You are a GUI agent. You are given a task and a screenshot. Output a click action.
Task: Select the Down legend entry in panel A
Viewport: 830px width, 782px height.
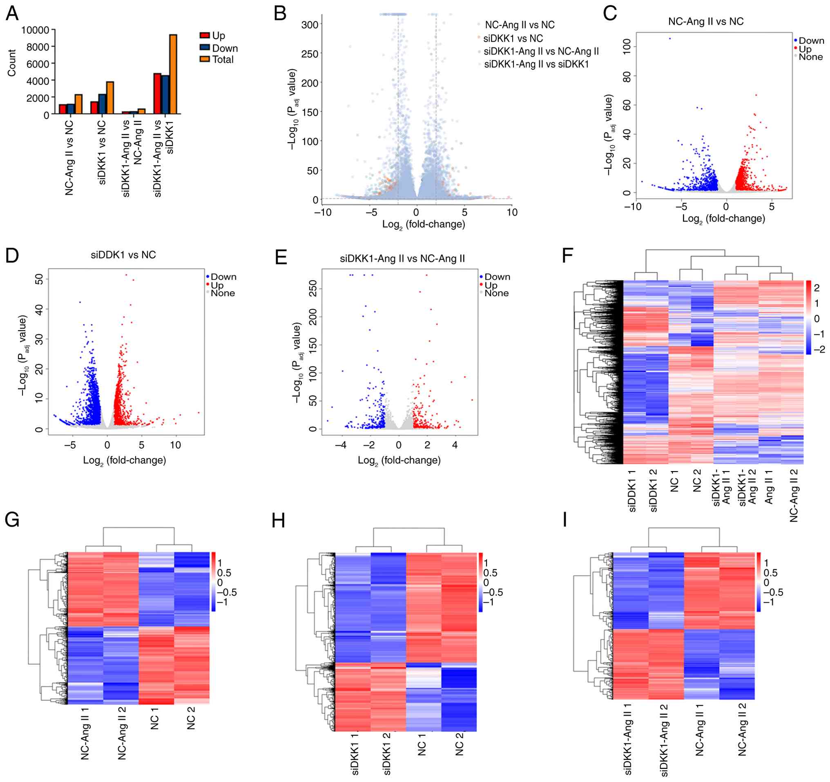tap(225, 48)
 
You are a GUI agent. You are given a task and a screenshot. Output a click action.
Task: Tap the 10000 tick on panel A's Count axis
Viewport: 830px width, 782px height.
tap(35, 30)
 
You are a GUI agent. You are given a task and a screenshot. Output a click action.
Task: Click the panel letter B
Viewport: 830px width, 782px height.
tap(280, 13)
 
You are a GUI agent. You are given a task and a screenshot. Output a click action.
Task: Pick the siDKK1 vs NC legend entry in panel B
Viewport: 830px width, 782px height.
tap(513, 38)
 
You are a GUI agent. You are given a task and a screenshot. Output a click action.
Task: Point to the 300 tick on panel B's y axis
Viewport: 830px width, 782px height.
tap(310, 25)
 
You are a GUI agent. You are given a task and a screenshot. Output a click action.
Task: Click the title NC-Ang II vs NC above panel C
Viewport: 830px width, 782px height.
tap(705, 21)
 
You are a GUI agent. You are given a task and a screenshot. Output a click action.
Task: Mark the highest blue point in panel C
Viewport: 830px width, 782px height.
tap(670, 38)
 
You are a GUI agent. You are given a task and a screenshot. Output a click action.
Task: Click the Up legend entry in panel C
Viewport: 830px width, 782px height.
tap(805, 49)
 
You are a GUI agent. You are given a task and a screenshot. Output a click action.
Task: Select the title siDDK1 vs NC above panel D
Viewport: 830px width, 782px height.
tap(123, 255)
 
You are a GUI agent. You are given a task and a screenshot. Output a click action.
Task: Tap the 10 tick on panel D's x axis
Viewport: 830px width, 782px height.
tap(175, 445)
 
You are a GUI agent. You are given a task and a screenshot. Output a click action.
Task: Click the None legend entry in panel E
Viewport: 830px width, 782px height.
tap(496, 293)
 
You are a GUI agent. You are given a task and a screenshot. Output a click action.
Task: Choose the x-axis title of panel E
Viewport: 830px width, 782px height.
tap(399, 460)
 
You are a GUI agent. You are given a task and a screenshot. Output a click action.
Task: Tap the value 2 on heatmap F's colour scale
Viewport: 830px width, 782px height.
tap(817, 287)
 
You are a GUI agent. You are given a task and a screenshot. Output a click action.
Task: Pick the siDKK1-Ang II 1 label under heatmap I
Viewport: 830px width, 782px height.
tap(627, 739)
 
